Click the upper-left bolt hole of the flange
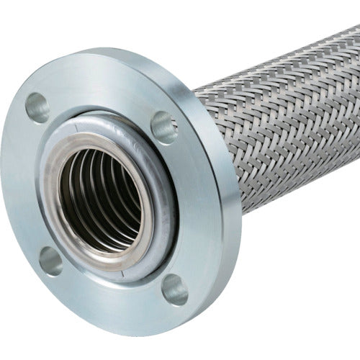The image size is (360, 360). click(x=37, y=107)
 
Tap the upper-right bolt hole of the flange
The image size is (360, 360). click(x=164, y=127)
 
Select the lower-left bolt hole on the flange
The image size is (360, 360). click(x=50, y=261)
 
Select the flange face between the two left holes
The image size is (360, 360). click(x=25, y=187)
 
